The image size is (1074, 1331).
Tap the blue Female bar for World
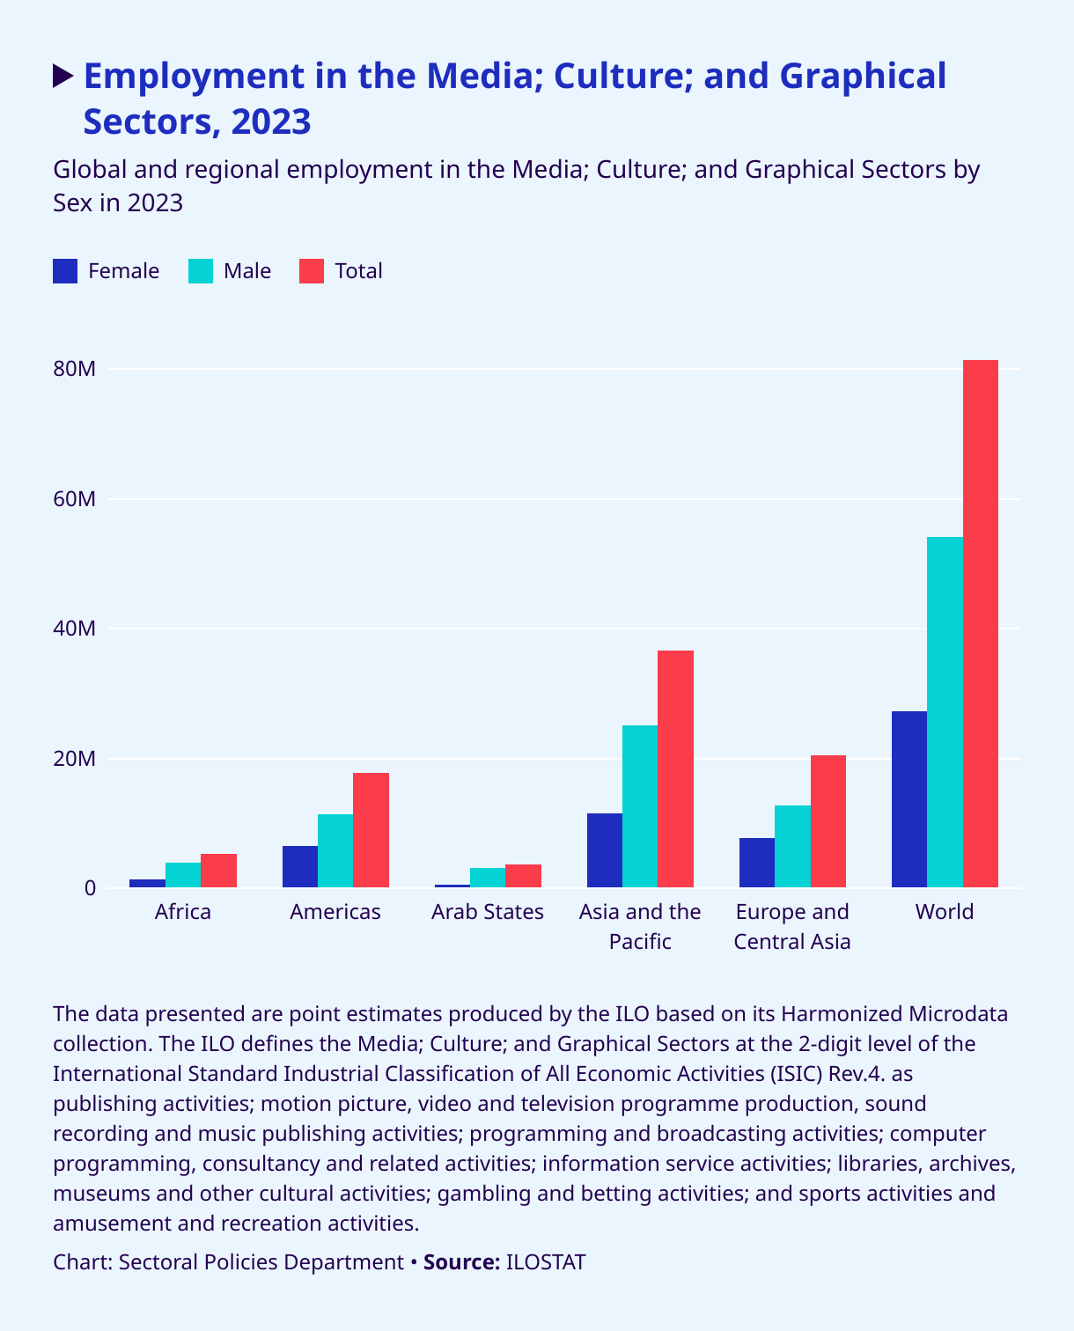point(908,798)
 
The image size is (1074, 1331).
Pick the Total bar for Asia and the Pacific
point(675,768)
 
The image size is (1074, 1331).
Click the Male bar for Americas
point(335,850)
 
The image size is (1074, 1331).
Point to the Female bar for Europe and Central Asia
point(757,863)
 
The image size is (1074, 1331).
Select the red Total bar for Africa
point(218,871)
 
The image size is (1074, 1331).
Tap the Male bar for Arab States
point(488,878)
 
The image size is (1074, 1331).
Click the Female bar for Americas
point(300,866)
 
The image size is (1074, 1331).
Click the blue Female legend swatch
point(66,271)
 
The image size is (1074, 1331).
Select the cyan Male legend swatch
point(202,271)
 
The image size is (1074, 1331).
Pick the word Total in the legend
point(358,271)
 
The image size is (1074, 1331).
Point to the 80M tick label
point(74,369)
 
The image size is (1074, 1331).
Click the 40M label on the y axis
point(74,629)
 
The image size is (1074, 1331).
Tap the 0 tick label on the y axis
point(90,888)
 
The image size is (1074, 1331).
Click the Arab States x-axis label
point(488,912)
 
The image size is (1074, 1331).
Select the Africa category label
point(183,912)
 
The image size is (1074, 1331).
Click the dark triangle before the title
point(63,77)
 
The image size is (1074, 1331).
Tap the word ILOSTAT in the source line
point(546,1262)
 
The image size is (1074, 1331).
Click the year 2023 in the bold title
point(271,121)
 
